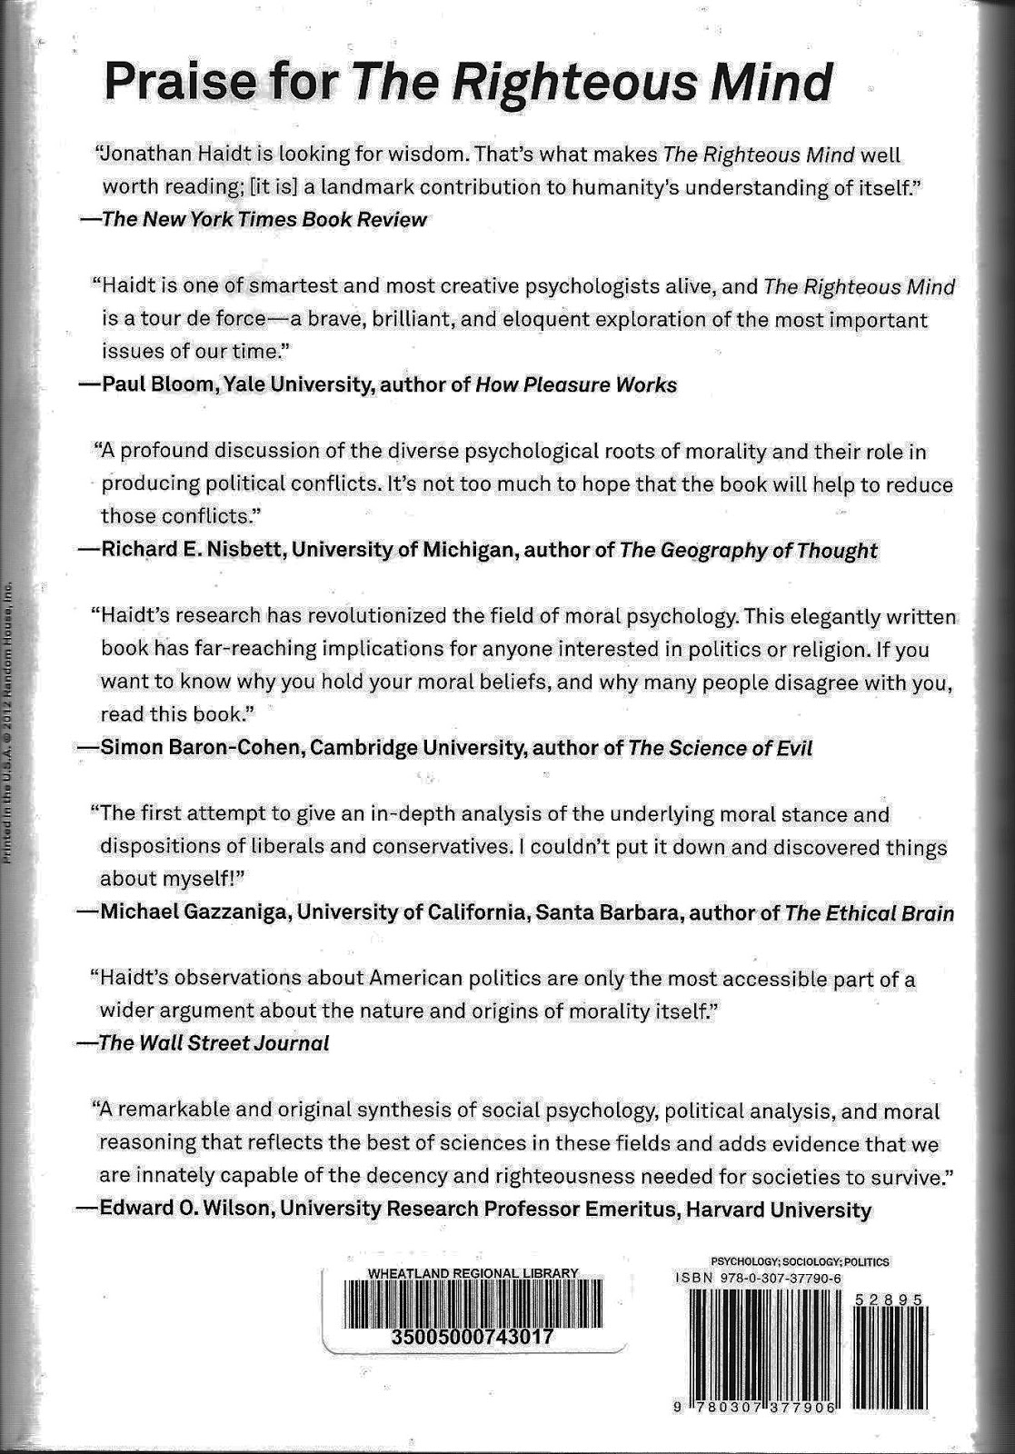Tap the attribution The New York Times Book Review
(x=264, y=219)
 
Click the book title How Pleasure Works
(x=576, y=384)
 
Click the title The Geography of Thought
(x=749, y=550)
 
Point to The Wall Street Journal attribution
(x=214, y=1042)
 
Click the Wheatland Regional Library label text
(x=473, y=1273)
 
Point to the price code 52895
(x=889, y=1300)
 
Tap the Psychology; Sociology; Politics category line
(x=799, y=1261)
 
